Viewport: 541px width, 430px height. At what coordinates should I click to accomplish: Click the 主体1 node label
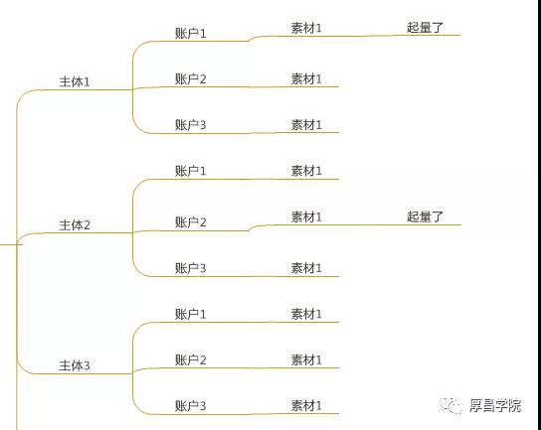coord(75,82)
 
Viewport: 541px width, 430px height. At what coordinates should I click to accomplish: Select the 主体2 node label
coord(75,225)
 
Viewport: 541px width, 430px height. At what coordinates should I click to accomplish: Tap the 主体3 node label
coord(75,365)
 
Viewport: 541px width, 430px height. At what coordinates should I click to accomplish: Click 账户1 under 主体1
coord(191,34)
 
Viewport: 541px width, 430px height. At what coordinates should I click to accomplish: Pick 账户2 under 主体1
coord(191,78)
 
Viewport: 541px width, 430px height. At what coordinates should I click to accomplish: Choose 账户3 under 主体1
coord(191,124)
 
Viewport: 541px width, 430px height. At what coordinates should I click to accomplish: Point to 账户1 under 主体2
coord(191,171)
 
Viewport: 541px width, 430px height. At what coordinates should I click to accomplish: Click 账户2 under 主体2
coord(191,222)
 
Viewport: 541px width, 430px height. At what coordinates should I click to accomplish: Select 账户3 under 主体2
coord(191,268)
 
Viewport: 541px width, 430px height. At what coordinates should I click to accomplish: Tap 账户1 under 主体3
coord(191,314)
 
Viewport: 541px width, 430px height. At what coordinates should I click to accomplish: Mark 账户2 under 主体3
coord(191,360)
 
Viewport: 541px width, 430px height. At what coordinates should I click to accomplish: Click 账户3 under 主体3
coord(191,405)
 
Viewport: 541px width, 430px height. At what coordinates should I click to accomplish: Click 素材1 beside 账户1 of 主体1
coord(306,28)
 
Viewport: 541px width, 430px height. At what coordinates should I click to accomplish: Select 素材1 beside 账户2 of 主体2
coord(306,216)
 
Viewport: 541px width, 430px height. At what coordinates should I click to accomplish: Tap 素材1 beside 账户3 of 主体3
coord(306,405)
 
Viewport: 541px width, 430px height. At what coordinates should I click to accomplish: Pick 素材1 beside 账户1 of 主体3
coord(306,314)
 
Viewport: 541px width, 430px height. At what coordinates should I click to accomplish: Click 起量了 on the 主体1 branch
coord(425,27)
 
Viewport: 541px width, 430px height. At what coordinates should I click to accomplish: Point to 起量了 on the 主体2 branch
coord(425,216)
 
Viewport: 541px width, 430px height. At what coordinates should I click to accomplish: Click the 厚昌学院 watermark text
coord(495,405)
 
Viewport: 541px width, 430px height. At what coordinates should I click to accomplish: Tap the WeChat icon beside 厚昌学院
coord(451,405)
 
